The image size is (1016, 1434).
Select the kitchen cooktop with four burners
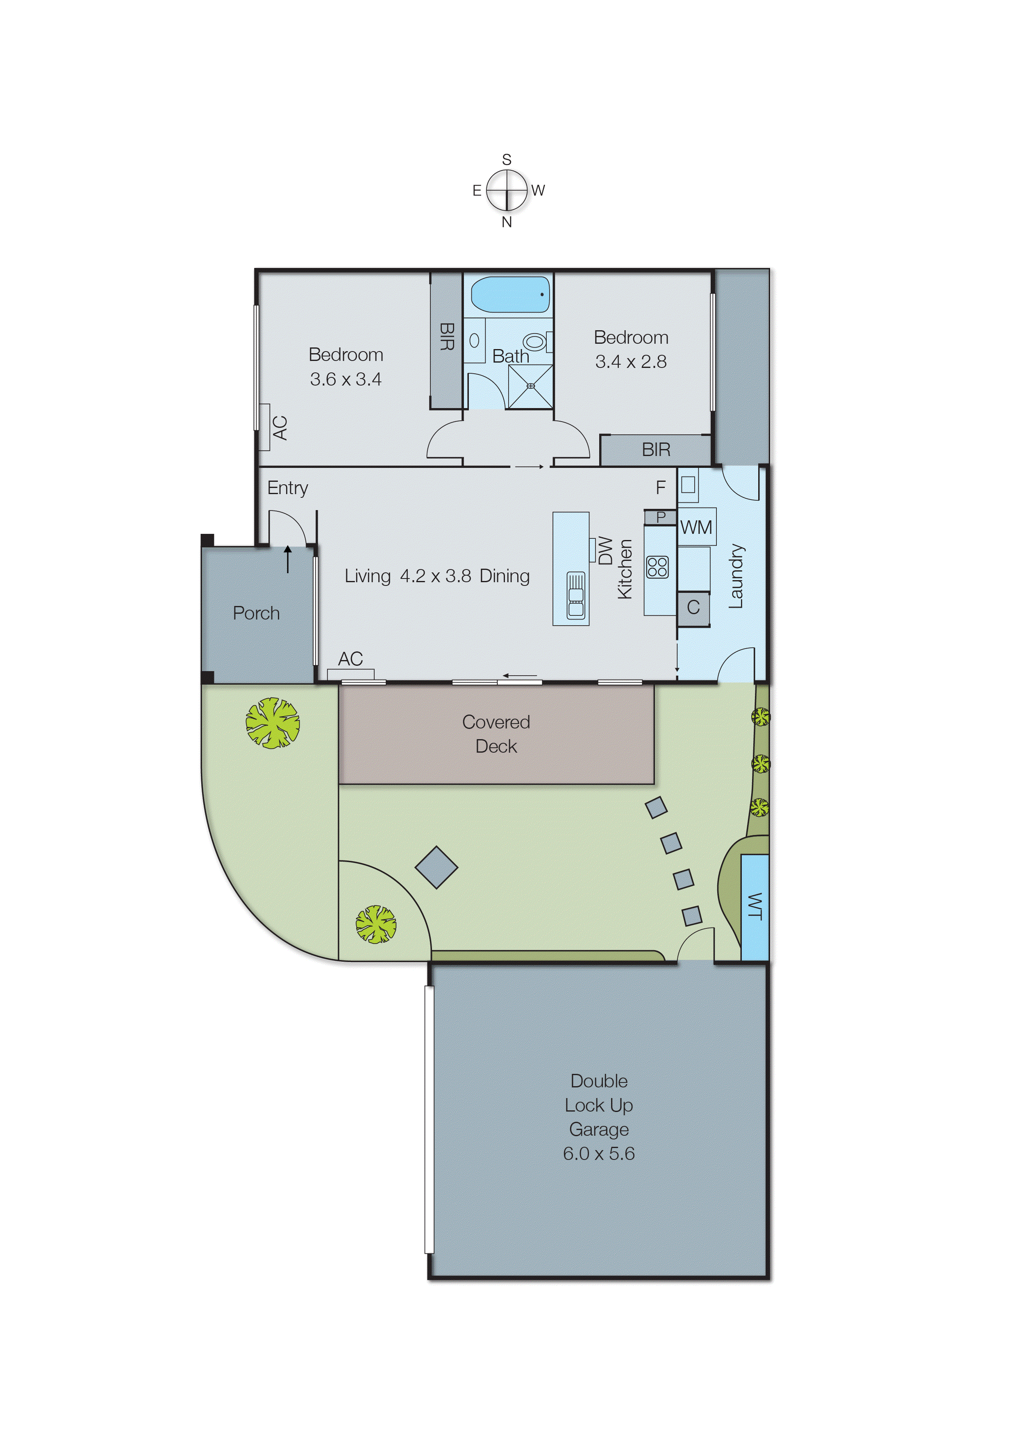point(657,567)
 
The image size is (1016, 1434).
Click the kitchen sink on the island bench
point(575,596)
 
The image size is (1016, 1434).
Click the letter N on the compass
point(507,222)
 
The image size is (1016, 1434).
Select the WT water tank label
point(755,906)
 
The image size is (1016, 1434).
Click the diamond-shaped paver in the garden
point(436,867)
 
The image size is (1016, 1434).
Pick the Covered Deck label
point(496,733)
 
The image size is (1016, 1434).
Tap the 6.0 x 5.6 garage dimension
point(599,1153)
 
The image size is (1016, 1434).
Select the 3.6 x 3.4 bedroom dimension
point(345,379)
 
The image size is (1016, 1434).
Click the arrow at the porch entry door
point(288,558)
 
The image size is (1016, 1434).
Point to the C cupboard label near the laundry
point(693,607)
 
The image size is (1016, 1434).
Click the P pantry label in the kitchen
point(661,517)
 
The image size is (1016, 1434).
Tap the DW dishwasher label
point(605,550)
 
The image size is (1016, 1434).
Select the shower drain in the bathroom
point(530,386)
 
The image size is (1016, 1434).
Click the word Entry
point(287,488)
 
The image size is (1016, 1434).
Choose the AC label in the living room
point(350,658)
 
